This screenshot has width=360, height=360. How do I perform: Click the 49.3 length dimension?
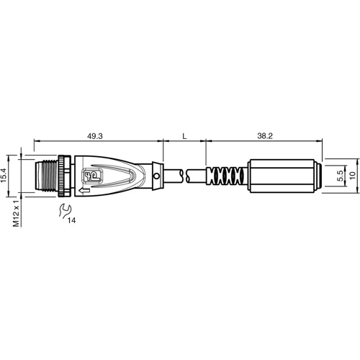point(95,135)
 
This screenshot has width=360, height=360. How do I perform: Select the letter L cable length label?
point(185,135)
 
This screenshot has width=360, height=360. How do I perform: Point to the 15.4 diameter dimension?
point(5,174)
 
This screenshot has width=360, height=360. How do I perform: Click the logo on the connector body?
point(92,174)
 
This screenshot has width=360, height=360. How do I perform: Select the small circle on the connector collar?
point(156,175)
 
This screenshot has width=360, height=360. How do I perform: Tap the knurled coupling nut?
point(65,175)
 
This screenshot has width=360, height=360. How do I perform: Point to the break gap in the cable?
point(185,175)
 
